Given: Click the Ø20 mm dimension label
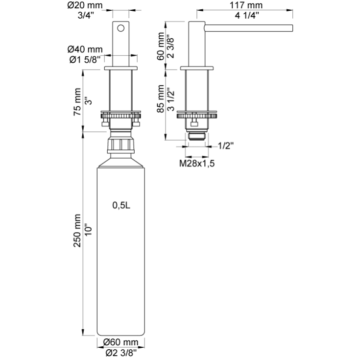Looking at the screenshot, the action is coord(85,5).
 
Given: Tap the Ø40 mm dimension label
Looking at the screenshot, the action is coord(85,49).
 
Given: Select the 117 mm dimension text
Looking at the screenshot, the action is coord(246,5).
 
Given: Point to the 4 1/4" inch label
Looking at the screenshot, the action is coord(247,15).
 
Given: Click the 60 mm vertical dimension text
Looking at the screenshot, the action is coord(161,47).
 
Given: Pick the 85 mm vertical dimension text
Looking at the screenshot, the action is coord(161,99).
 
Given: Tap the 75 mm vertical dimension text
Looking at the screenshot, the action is coord(77,102).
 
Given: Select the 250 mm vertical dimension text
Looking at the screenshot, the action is coord(77,231).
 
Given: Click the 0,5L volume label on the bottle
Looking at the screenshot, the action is coord(121,205).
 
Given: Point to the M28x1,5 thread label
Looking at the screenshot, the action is coord(197,164).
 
